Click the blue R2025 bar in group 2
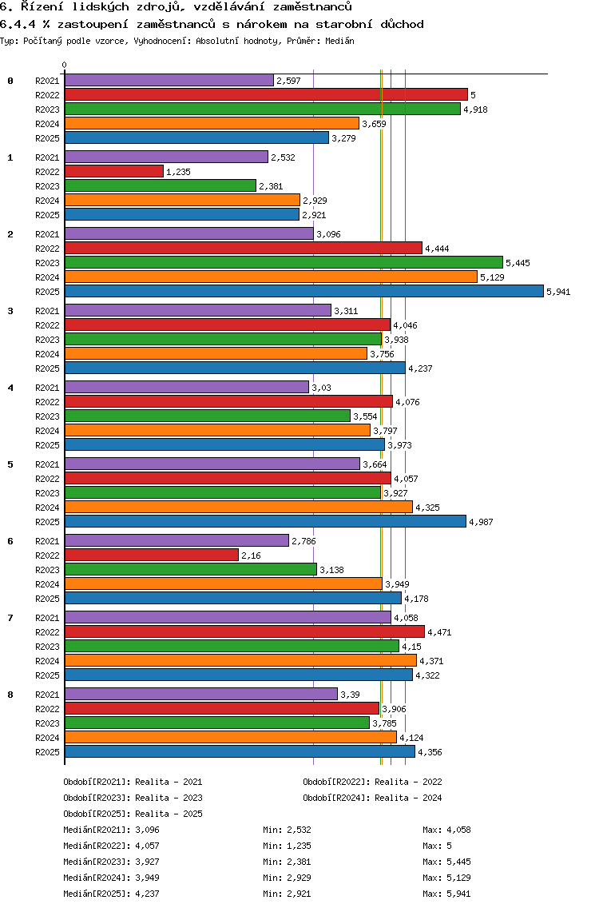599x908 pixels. coord(303,292)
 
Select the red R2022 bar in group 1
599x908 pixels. coord(114,172)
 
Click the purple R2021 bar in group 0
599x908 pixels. coord(169,81)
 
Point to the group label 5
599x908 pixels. coord(10,464)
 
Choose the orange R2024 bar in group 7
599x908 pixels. coord(240,661)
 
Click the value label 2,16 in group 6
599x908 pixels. coord(252,556)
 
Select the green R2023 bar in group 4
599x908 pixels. coord(207,416)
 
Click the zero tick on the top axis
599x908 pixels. coord(65,65)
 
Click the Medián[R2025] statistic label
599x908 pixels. coord(95,894)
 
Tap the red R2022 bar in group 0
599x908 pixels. coord(265,95)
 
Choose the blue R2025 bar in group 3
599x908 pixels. coord(235,368)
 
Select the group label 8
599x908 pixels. coord(10,695)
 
